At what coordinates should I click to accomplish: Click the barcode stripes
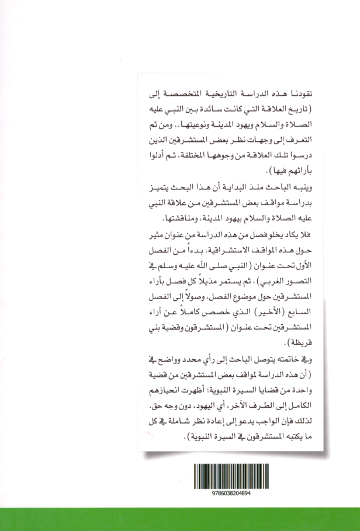[233, 473]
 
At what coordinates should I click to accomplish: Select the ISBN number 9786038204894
[233, 492]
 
